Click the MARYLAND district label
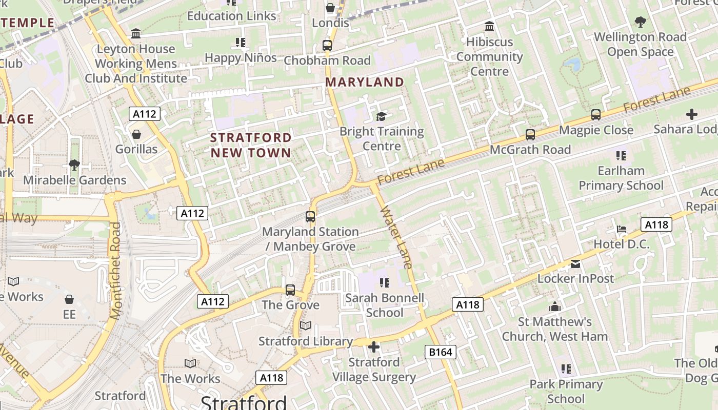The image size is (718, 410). tap(365, 82)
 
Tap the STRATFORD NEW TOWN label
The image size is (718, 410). tap(251, 145)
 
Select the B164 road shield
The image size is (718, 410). tap(441, 352)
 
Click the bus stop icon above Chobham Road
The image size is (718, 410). tap(327, 45)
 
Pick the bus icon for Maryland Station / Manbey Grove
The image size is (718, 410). tap(310, 216)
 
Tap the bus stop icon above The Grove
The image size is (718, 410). tap(290, 290)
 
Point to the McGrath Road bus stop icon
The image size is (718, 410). tap(530, 135)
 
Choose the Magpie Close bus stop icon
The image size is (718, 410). tap(596, 115)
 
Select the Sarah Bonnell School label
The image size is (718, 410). tap(385, 305)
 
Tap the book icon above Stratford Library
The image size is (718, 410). tap(306, 326)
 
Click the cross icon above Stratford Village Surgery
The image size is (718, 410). tap(374, 347)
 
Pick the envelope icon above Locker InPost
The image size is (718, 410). tap(575, 264)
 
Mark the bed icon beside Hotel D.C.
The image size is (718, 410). tap(622, 229)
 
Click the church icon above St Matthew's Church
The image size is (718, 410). tap(554, 307)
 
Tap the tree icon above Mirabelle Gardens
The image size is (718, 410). tap(74, 165)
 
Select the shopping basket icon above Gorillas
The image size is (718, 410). tap(136, 134)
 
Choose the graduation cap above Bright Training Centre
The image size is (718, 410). tap(381, 116)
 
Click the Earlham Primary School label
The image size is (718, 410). tap(621, 178)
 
